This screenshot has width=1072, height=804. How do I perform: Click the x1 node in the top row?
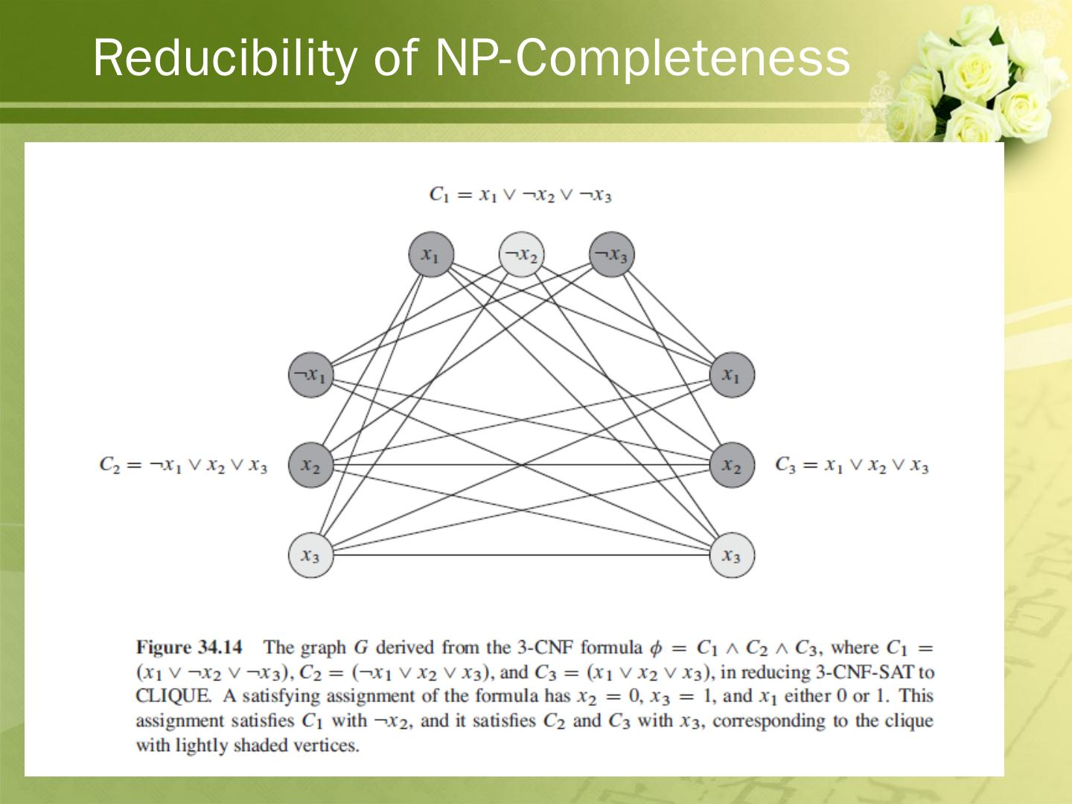click(x=431, y=255)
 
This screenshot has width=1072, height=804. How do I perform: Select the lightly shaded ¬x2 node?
click(x=521, y=255)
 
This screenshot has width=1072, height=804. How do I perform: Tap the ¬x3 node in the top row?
click(x=611, y=255)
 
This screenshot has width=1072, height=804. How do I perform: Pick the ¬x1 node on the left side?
click(x=310, y=374)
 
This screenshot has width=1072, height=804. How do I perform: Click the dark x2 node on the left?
click(x=310, y=465)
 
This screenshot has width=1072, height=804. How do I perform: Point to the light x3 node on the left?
click(x=310, y=555)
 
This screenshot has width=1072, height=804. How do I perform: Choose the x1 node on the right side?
click(x=732, y=374)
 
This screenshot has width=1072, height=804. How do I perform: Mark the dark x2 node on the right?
click(x=732, y=465)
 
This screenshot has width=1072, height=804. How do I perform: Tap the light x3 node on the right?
click(x=732, y=555)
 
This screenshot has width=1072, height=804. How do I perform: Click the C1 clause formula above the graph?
click(x=520, y=195)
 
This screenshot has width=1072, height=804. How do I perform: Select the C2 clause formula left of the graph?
click(x=183, y=465)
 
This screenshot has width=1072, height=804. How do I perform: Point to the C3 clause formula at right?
click(x=852, y=465)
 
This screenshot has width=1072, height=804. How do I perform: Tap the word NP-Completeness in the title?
click(x=642, y=57)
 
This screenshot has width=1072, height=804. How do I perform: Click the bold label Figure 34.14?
click(x=189, y=647)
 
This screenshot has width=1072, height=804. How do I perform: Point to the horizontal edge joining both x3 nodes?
click(x=521, y=555)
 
